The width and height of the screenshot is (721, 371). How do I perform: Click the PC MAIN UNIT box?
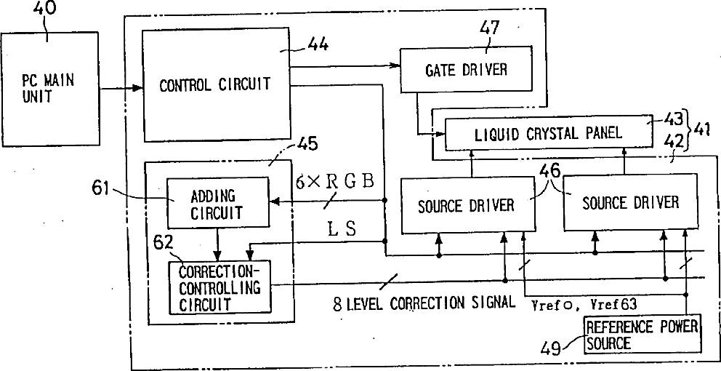49,89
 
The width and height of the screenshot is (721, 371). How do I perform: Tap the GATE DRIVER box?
467,71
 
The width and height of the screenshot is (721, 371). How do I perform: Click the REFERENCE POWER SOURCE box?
642,335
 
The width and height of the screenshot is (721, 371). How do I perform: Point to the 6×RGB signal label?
335,182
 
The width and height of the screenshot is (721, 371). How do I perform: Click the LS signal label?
342,231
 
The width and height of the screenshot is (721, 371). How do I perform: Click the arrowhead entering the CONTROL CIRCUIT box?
137,89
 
